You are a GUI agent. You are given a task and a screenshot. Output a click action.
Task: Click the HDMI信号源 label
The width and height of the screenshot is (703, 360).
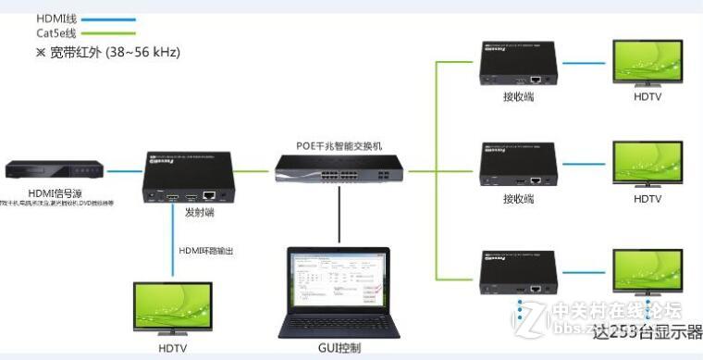point(38,192)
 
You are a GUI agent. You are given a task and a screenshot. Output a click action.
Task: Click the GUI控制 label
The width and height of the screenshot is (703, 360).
point(338,348)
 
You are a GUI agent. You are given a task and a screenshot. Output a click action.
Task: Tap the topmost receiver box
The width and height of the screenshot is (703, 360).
point(518,64)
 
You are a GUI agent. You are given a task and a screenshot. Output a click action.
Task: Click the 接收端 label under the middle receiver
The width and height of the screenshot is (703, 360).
point(518,198)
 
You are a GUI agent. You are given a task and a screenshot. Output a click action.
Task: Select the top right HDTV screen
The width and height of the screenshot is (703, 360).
point(647,61)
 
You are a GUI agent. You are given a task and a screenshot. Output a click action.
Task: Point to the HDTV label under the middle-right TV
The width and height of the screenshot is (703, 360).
point(647,199)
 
